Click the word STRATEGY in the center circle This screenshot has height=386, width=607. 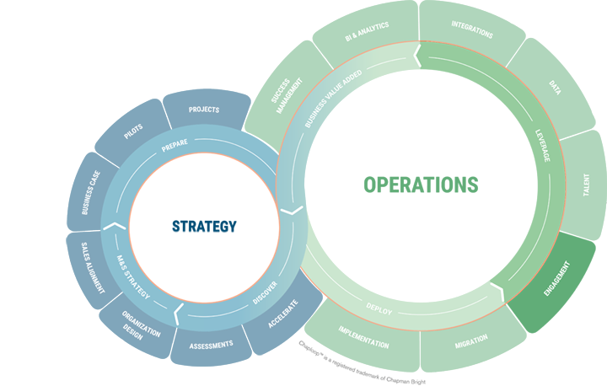tap(204, 226)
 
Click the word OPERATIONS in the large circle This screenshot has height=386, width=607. tap(421, 185)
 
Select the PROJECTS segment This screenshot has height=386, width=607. tap(204, 110)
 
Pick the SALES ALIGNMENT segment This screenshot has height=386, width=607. tap(89, 265)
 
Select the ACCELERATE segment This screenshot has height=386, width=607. tap(282, 316)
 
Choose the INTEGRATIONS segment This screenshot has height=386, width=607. tap(472, 30)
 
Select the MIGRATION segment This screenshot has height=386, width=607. tap(473, 342)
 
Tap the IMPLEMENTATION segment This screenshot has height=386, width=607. tap(363, 337)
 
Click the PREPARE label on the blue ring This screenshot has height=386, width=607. tap(175, 143)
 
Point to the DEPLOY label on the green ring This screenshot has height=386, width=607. tap(379, 309)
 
